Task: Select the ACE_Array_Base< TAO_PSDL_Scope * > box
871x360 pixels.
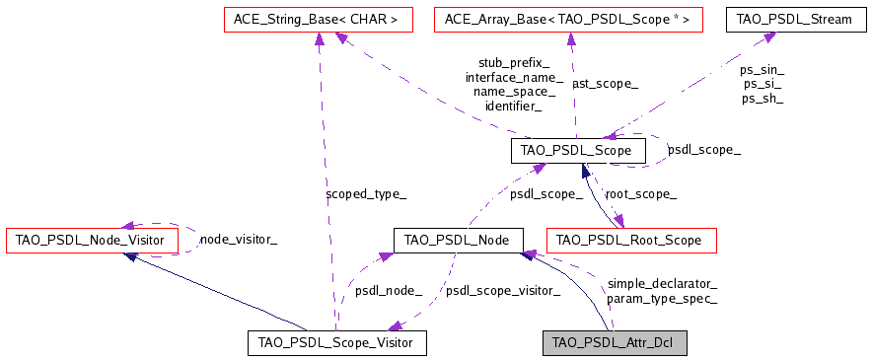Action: [567, 18]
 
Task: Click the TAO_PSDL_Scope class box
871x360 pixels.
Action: [578, 150]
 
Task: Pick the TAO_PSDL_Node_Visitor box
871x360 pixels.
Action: [92, 240]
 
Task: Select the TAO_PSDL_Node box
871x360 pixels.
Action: [457, 240]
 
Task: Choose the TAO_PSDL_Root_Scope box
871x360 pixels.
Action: [630, 240]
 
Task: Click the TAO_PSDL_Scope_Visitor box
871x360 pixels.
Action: [336, 342]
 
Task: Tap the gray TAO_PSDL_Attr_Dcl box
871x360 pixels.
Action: [614, 342]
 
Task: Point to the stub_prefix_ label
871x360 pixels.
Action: [514, 62]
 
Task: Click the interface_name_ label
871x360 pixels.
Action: [514, 77]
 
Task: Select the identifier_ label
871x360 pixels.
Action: [514, 106]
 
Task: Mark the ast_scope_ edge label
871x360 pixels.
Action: [605, 84]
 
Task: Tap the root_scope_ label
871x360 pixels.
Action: [640, 194]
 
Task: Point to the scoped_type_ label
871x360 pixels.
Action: [365, 194]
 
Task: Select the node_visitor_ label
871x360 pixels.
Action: [239, 239]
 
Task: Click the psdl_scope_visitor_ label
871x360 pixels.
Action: [503, 291]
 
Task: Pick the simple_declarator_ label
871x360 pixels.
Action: [662, 283]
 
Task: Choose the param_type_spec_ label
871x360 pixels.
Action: [662, 298]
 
